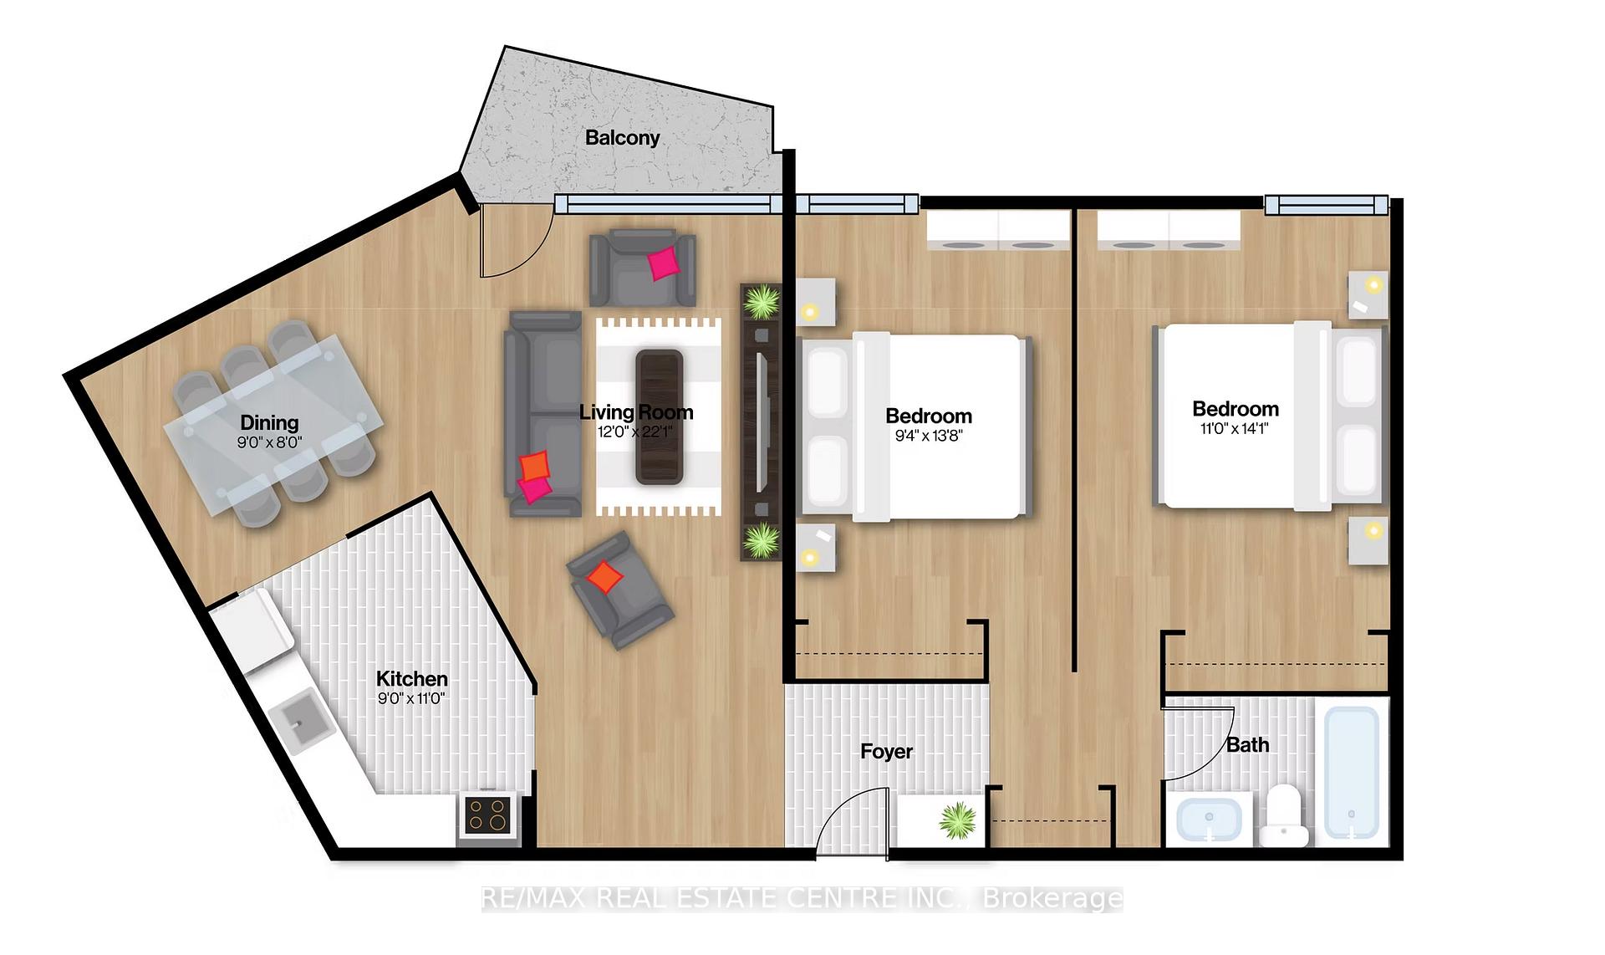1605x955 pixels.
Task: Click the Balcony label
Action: click(x=622, y=138)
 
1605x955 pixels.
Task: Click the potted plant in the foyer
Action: click(x=957, y=820)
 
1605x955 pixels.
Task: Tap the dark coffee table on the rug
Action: click(x=660, y=416)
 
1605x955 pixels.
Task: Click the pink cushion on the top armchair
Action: click(x=665, y=263)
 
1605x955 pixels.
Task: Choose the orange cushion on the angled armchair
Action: click(x=604, y=576)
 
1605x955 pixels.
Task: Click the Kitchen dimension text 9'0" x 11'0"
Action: click(x=411, y=698)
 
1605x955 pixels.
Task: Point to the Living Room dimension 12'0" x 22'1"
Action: click(x=634, y=432)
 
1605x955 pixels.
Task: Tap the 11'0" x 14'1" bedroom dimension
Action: click(x=1234, y=429)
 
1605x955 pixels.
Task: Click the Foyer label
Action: click(x=886, y=752)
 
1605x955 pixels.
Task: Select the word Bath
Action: click(x=1247, y=745)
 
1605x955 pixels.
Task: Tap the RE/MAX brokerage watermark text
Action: click(x=802, y=898)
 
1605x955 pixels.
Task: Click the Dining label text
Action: click(x=269, y=423)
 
